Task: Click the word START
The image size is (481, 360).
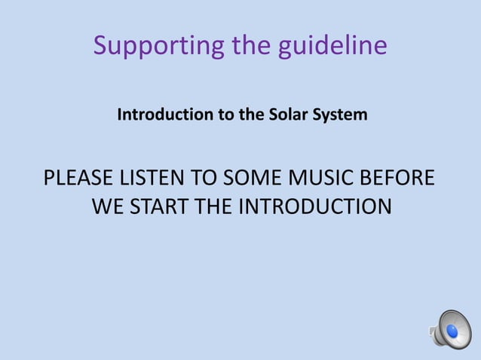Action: pos(159,206)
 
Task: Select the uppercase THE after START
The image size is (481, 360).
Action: pos(215,206)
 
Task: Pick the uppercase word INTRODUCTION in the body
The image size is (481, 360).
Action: pos(314,206)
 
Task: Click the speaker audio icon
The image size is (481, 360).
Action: pos(450,329)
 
